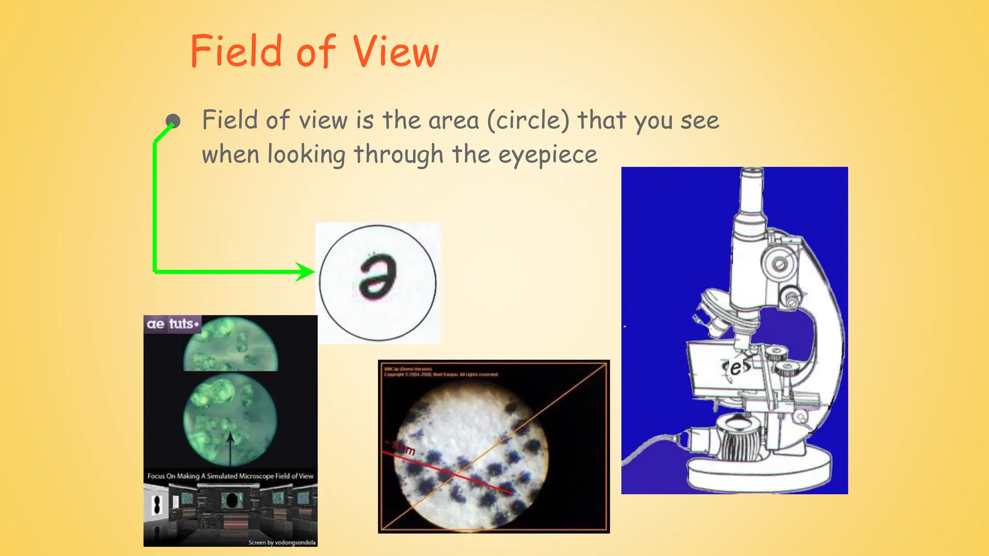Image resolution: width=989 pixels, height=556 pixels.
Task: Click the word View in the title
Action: (395, 52)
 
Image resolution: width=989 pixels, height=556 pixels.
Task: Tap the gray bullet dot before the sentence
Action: (173, 121)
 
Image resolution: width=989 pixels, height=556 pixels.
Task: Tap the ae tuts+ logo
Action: (172, 324)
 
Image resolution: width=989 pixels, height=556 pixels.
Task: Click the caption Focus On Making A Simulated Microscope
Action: (230, 476)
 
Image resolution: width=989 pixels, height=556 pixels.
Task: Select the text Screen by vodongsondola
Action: (282, 542)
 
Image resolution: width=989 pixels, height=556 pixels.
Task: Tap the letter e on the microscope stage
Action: (735, 368)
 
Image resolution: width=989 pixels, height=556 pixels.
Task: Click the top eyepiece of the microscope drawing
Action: (752, 191)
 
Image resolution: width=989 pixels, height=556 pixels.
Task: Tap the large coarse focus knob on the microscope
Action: (779, 264)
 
